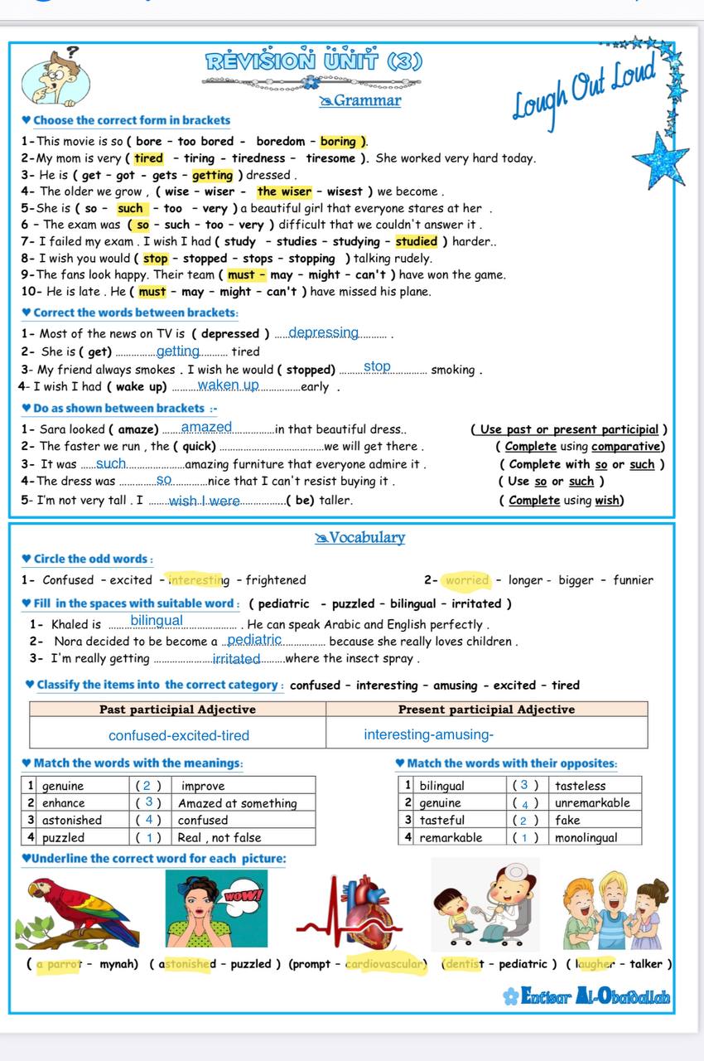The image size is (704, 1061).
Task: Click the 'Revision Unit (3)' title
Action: [314, 61]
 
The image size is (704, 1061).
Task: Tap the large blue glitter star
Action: [660, 158]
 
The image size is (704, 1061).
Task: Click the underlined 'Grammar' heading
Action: [360, 101]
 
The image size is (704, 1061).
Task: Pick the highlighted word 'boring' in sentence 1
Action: [338, 142]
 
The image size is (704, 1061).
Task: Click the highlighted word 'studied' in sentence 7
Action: [416, 242]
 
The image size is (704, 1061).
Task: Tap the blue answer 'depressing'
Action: [324, 333]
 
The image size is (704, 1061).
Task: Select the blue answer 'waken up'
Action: [229, 385]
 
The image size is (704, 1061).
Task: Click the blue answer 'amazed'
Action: [207, 428]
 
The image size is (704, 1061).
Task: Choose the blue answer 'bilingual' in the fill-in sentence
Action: [157, 621]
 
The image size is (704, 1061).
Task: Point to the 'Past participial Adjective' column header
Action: [177, 710]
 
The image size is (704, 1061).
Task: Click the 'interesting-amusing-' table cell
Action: [428, 734]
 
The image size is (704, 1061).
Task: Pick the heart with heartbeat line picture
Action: [363, 913]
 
